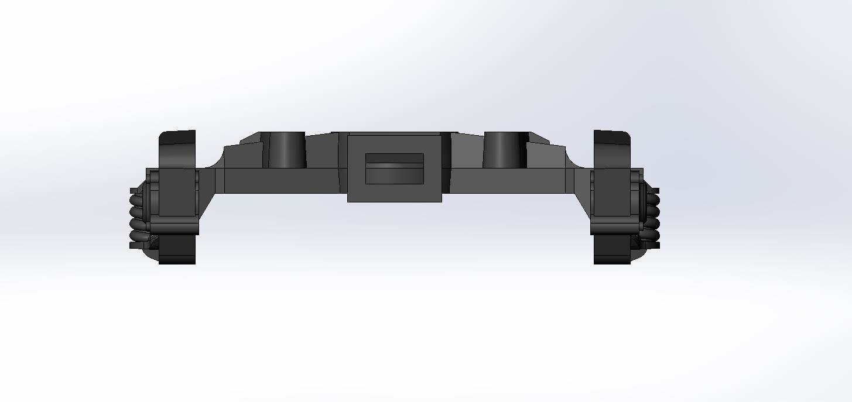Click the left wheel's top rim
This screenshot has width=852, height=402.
coord(177,137)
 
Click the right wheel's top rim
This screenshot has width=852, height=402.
coord(612,137)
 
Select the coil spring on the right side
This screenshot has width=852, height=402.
coord(652,217)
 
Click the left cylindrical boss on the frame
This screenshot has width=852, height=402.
coord(286,150)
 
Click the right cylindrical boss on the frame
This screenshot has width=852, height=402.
coord(502,150)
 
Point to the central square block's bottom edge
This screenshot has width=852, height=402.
coord(394,201)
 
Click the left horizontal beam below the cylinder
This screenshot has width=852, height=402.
coord(281,180)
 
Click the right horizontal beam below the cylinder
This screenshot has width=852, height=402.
coord(507,180)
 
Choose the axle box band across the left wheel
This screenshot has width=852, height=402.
coord(174,226)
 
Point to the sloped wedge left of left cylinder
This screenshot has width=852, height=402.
coord(251,139)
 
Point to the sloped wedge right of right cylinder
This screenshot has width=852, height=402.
coord(539,139)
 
